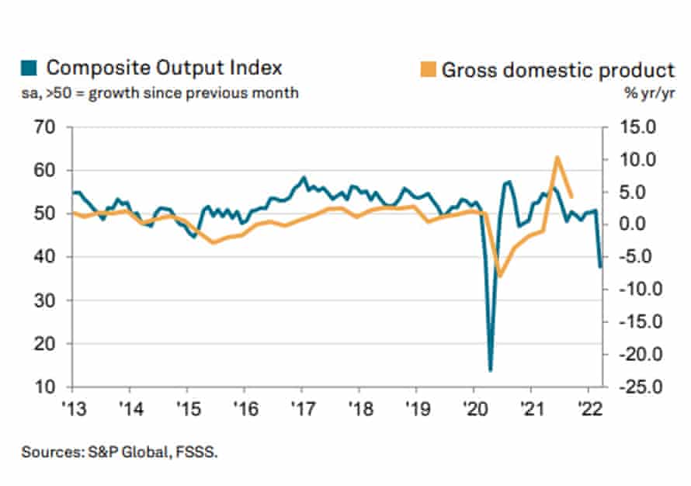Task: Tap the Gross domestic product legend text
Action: pos(557,70)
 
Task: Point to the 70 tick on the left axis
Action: pos(50,127)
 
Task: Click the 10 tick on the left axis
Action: pos(50,387)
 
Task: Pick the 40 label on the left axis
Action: pos(50,257)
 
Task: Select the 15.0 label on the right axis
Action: pos(633,127)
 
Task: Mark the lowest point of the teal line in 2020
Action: pos(491,370)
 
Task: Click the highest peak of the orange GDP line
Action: pos(557,158)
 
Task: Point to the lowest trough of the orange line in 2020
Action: pos(501,276)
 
